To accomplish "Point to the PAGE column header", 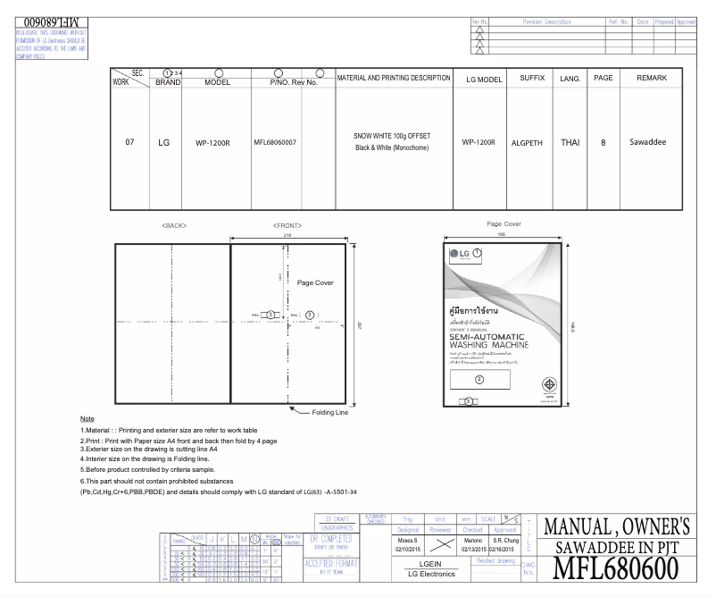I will [603, 79].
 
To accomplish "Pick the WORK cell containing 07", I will [129, 142].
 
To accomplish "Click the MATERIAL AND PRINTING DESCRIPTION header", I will [393, 79].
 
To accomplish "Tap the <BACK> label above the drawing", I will [174, 225].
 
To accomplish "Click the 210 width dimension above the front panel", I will [288, 234].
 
